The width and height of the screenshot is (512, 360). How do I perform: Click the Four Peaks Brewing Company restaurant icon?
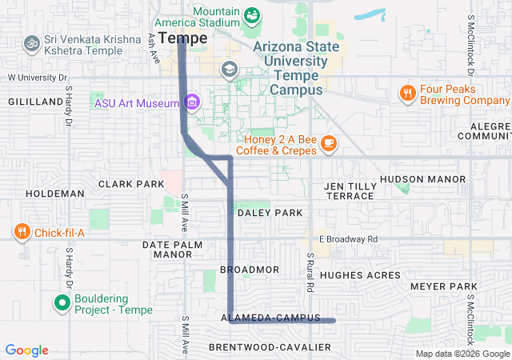coord(408,94)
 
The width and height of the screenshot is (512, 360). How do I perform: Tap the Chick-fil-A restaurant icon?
coord(22,232)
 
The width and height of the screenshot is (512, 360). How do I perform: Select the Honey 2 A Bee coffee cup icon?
coord(328,143)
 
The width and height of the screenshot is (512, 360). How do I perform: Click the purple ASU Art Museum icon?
coord(191,102)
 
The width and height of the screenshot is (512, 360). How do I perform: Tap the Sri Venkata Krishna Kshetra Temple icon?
coord(32,42)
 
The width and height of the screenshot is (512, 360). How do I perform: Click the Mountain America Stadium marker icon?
coord(252,14)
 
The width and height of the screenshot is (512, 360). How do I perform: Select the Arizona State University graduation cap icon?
coord(230,70)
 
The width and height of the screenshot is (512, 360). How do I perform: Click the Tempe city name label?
coord(182,38)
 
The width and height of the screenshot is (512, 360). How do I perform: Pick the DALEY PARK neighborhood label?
coord(267,213)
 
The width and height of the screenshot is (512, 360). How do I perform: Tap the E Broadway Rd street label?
coord(348,239)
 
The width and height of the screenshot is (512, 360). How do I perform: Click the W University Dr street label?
coord(38,78)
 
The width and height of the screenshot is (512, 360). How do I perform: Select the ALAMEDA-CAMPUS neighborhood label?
coord(270,318)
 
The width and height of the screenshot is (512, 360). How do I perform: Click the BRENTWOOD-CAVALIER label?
coord(270,347)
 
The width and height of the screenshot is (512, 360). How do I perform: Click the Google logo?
coord(27,350)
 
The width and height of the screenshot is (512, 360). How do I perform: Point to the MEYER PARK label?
coord(442,286)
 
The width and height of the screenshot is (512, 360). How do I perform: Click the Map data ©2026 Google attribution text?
coord(462,354)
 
